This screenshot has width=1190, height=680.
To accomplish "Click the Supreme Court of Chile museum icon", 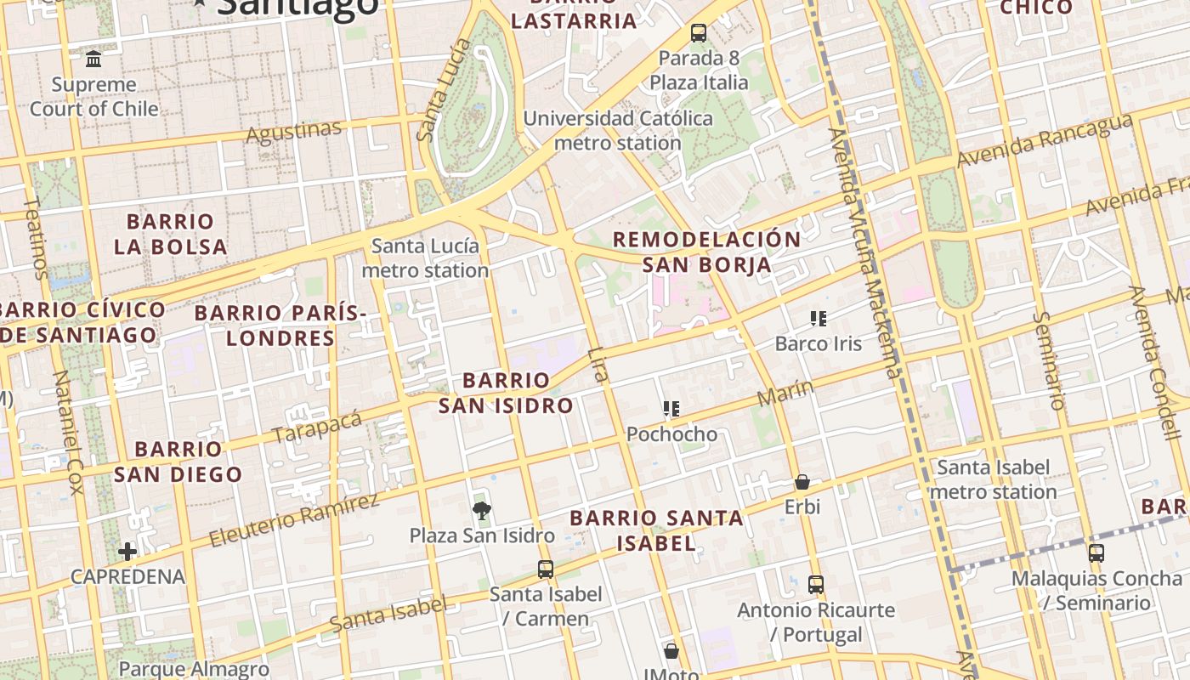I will click(x=93, y=59).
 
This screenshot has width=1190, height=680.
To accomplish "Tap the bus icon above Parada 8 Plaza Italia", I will click(x=699, y=33).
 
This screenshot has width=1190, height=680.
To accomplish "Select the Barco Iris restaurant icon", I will click(x=819, y=320).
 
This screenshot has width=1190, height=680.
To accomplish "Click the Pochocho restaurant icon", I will click(x=671, y=410).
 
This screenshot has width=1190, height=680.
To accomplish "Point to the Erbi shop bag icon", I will click(x=802, y=483).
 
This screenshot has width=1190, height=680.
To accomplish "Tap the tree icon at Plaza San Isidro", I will click(x=482, y=510).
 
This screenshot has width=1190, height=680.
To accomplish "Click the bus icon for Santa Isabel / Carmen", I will click(x=546, y=569).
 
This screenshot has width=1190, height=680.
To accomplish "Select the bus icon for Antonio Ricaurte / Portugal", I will click(x=816, y=585).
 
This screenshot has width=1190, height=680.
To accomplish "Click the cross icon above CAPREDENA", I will click(x=127, y=552).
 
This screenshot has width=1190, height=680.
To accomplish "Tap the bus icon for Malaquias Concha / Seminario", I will click(x=1096, y=553).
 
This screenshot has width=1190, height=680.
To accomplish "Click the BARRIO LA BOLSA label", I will click(x=171, y=235).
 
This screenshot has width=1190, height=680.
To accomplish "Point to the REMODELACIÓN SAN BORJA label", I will click(x=706, y=252).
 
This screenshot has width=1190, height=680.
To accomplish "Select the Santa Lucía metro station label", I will click(x=425, y=258).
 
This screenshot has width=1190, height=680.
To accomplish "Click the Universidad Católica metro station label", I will click(x=618, y=130).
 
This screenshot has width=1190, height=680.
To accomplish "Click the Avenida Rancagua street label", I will click(x=1045, y=140).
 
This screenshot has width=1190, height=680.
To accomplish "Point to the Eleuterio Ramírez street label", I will click(x=294, y=519).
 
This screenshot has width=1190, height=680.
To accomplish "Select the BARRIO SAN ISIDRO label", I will click(x=506, y=393).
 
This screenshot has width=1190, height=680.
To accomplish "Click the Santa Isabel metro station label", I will click(x=993, y=479).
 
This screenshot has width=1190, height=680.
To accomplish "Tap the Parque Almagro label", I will click(x=194, y=670).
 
